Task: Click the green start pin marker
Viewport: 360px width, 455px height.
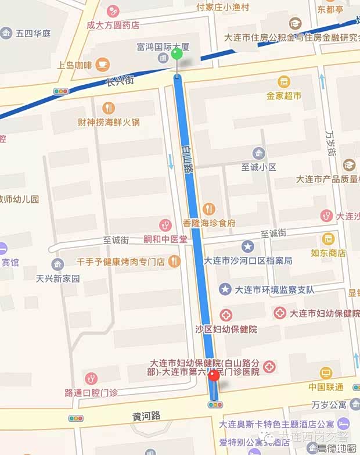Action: click(x=177, y=55)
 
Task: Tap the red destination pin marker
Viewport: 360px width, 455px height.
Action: click(x=214, y=376)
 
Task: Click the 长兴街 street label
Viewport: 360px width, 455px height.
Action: click(x=120, y=82)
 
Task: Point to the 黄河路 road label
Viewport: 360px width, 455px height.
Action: click(x=146, y=415)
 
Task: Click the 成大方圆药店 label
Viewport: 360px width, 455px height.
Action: click(x=113, y=25)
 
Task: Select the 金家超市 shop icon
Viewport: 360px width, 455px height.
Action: click(x=284, y=82)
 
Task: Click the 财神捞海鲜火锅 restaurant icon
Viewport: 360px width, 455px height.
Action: click(x=109, y=108)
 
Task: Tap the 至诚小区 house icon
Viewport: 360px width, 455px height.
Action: click(x=259, y=153)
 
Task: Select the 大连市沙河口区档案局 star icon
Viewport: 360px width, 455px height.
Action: click(x=248, y=247)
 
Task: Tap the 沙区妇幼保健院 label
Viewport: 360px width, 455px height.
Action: click(x=226, y=329)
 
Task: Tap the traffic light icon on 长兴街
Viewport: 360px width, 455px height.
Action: click(x=60, y=91)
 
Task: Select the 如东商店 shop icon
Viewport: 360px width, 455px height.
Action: click(x=329, y=239)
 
